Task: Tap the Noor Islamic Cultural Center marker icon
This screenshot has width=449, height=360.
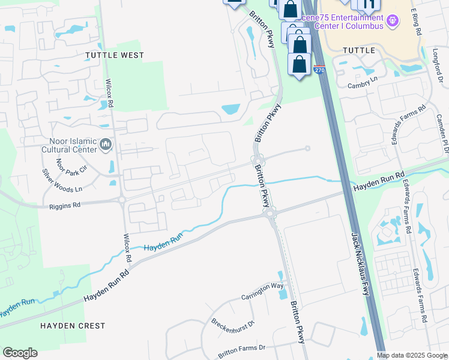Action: (x=105, y=144)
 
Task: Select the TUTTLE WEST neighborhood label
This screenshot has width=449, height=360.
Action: (x=115, y=55)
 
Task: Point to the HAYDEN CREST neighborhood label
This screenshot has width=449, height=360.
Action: (x=73, y=326)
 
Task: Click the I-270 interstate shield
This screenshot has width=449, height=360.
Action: (x=319, y=70)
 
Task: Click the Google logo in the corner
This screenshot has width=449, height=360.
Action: (x=20, y=353)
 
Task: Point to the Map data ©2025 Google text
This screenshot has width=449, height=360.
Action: (x=412, y=355)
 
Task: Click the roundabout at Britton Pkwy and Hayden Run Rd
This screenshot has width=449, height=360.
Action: (x=269, y=212)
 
